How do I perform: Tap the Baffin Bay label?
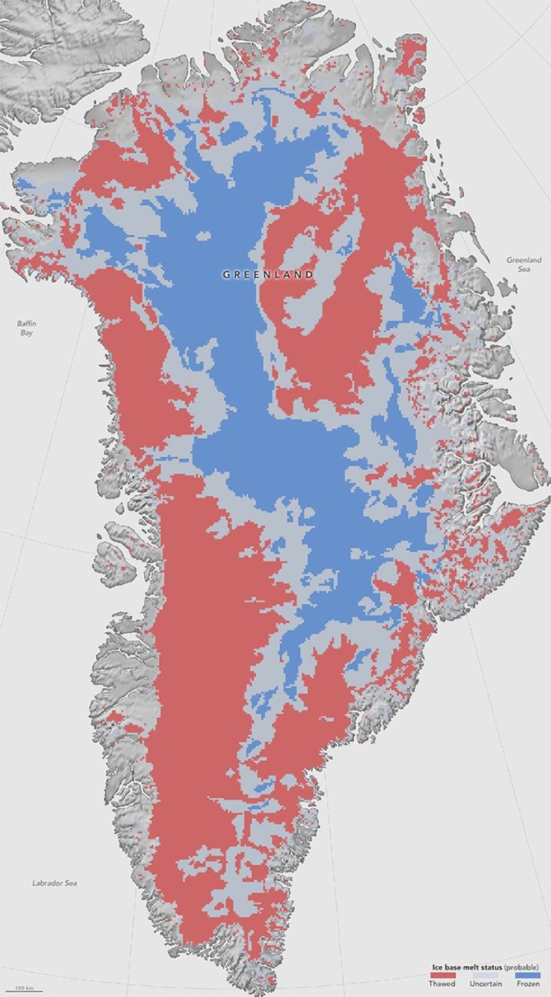[27, 328]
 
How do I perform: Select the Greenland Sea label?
[524, 264]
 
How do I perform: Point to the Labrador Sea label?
[55, 883]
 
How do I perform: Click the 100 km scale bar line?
[26, 991]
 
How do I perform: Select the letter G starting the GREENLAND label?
[225, 274]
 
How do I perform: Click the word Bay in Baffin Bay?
[27, 333]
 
